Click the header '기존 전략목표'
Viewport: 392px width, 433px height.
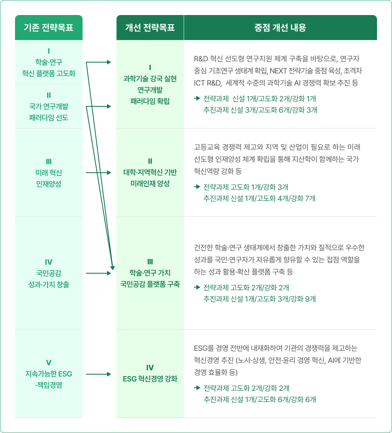click(49, 28)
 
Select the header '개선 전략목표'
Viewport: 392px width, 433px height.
click(150, 28)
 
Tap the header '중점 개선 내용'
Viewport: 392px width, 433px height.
click(280, 28)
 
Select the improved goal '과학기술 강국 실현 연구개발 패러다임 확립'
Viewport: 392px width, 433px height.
click(150, 84)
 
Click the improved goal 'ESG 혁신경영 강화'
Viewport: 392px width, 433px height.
click(150, 374)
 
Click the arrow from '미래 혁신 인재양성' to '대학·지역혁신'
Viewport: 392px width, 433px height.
click(98, 172)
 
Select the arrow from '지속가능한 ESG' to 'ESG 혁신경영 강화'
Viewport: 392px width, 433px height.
click(98, 375)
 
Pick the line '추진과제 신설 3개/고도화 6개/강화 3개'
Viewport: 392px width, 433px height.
click(260, 110)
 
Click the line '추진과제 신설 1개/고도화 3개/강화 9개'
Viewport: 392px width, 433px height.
click(260, 299)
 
